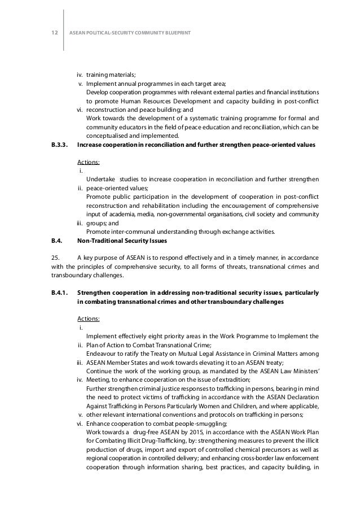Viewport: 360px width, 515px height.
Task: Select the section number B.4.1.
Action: point(56,293)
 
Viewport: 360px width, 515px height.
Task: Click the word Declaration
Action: point(298,398)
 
